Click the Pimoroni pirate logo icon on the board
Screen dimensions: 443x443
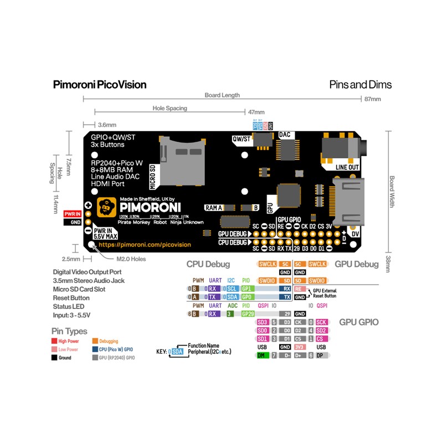tap(106, 207)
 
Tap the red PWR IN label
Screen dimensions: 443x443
tap(73, 213)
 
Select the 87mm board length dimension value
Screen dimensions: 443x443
tap(372, 99)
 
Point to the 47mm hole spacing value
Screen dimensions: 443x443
tap(256, 112)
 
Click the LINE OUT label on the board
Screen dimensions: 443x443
tap(347, 167)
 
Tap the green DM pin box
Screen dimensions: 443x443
tap(262, 355)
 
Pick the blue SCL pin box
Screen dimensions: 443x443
tap(232, 289)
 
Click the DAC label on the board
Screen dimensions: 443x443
tap(285, 135)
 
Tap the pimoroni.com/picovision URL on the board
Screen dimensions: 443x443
tap(145, 244)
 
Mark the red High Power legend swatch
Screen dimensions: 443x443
tap(54, 341)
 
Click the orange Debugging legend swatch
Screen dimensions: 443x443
tap(95, 341)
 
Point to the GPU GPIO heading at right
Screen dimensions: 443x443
tap(359, 322)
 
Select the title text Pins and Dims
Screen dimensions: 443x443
tap(360, 85)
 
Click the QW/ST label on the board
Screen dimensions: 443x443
tap(241, 139)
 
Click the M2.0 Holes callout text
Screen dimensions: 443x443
tap(131, 259)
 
